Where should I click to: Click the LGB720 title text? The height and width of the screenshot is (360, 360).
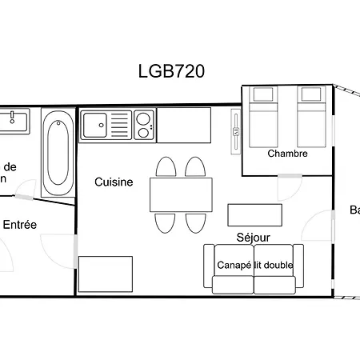172,71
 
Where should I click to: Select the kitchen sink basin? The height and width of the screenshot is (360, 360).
94,125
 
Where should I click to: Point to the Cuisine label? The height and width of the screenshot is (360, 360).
114,182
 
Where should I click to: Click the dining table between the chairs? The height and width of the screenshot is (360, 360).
181,194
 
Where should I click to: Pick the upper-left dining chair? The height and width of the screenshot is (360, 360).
166,167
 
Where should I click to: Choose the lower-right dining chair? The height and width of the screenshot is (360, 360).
196,222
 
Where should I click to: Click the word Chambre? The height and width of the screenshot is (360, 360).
287,154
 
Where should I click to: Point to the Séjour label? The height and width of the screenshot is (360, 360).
253,238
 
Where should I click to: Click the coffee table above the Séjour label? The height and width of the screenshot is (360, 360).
255,215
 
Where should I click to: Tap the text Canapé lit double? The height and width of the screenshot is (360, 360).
254,265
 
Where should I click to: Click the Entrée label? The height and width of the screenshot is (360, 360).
20,225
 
